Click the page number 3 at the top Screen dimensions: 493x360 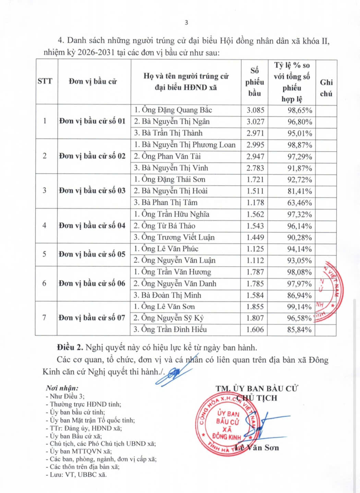[186, 23]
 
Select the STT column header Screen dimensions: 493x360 [45, 81]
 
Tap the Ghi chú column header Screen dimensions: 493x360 [326, 88]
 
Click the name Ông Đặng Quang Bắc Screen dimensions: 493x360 [173, 110]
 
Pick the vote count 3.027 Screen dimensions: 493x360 [255, 122]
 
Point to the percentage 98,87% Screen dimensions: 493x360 [300, 145]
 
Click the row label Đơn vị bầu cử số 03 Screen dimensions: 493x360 [92, 191]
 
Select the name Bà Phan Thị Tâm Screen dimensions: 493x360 [166, 203]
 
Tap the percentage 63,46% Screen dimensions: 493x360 [300, 203]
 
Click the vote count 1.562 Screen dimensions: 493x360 [255, 215]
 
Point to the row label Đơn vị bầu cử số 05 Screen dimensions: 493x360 [92, 254]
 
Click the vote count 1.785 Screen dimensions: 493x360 [255, 284]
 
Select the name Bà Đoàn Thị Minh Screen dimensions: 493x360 [167, 295]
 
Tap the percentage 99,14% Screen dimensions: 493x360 [299, 307]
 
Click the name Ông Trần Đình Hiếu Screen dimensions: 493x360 [170, 329]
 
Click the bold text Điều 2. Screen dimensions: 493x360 [70, 348]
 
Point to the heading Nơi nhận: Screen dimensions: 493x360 [62, 388]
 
